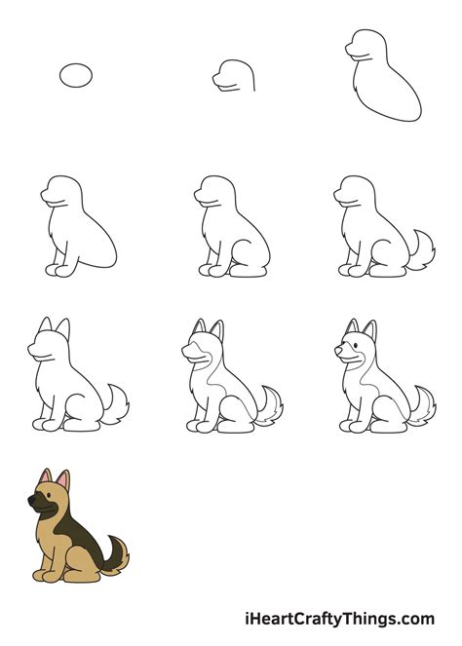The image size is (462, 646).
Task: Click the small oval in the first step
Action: (x=76, y=75)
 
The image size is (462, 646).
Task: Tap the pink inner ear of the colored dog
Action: (x=62, y=481)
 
